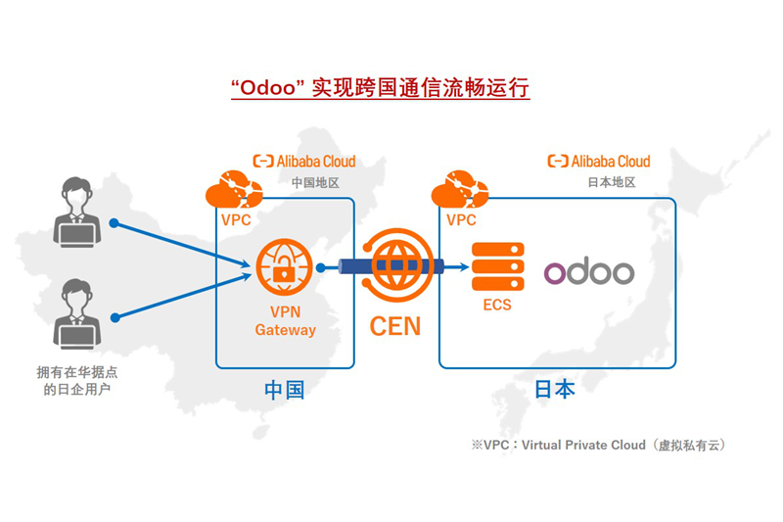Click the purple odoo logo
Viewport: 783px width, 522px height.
589,271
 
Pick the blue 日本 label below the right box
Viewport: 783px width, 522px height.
554,389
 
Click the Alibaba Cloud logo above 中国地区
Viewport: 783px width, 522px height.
304,161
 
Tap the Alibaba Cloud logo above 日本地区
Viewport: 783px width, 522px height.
598,161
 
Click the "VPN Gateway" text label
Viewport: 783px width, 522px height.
285,321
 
